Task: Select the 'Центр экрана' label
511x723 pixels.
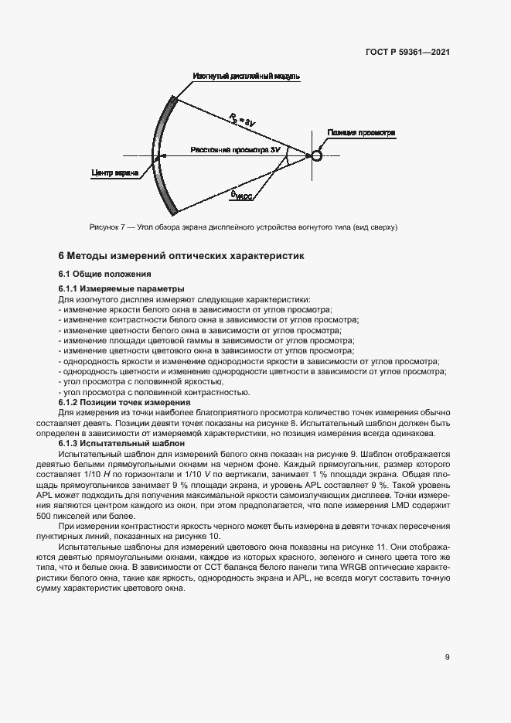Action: (114, 172)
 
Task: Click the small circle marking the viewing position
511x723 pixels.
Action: (317, 155)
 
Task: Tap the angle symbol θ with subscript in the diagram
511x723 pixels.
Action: (242, 194)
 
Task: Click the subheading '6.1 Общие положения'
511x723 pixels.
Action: (104, 274)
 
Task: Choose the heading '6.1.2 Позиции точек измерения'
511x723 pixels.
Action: (124, 403)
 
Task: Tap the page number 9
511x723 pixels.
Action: (447, 657)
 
